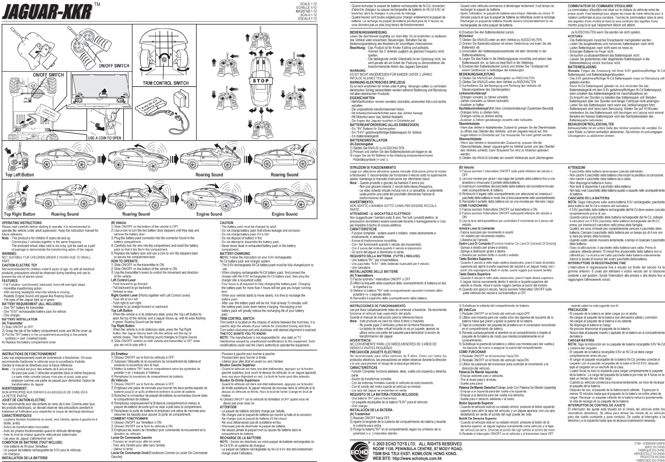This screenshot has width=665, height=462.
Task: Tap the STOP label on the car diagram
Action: [261, 81]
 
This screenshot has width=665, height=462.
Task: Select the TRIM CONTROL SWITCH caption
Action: [165, 83]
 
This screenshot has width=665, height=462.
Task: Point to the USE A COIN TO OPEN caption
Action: [105, 138]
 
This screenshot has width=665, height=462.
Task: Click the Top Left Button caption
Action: [20, 175]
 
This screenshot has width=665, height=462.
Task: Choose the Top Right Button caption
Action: [20, 214]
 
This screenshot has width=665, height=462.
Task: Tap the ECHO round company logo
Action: [359, 451]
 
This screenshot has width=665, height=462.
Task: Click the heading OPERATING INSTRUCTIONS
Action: [22, 223]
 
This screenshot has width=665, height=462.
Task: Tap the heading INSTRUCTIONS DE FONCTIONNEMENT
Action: [29, 354]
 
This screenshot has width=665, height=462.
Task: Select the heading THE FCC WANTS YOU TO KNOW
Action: [243, 334]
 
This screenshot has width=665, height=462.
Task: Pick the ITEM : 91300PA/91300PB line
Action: [647, 443]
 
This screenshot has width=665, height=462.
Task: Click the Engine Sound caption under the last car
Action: [284, 214]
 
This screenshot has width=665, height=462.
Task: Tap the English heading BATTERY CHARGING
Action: [235, 253]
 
